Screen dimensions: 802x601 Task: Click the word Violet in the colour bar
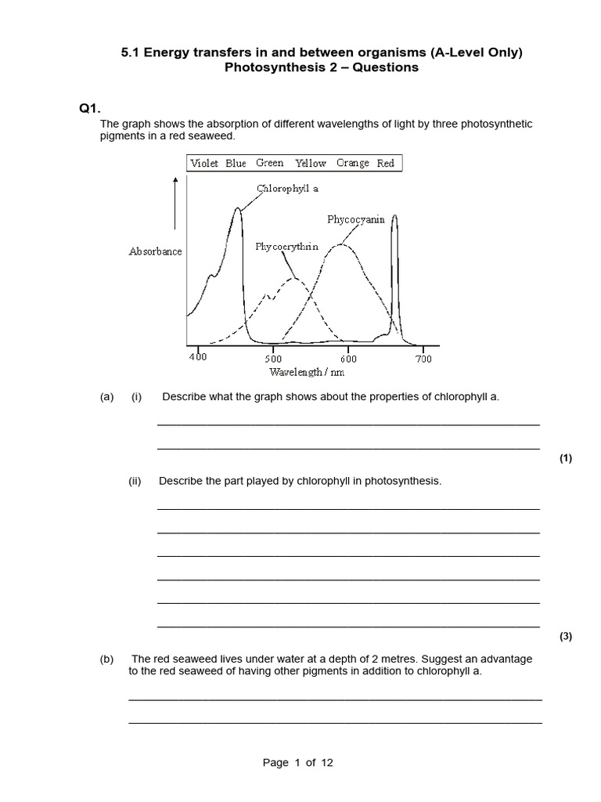click(204, 164)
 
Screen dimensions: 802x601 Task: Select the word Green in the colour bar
click(269, 163)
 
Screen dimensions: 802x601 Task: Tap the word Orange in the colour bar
click(352, 163)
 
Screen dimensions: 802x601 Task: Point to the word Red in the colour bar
click(386, 164)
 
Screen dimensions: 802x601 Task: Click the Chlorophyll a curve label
click(287, 189)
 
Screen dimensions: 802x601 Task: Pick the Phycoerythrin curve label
click(286, 246)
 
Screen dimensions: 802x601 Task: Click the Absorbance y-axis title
click(155, 251)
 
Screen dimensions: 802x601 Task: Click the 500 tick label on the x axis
click(273, 358)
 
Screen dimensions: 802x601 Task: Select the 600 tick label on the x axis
click(348, 358)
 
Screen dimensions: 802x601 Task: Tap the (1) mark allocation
click(566, 459)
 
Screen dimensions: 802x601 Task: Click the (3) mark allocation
click(566, 637)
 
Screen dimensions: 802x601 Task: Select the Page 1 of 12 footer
click(298, 763)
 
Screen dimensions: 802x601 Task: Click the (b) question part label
click(107, 659)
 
